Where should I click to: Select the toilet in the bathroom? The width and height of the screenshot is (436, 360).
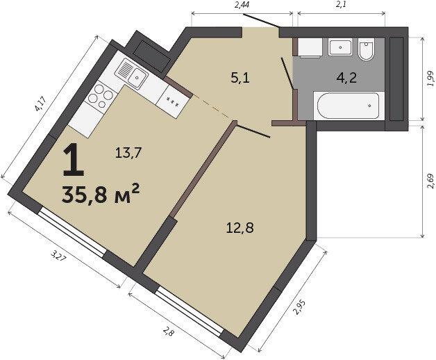click(366, 49)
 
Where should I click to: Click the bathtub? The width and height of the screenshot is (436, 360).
click(349, 106)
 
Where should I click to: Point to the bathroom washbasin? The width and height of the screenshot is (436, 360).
click(340, 47)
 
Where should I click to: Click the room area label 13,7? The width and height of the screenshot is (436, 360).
click(128, 153)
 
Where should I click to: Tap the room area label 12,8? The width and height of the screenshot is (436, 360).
click(240, 228)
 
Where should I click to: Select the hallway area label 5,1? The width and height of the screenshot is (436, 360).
click(240, 78)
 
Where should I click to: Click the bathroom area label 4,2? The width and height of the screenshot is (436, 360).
click(346, 78)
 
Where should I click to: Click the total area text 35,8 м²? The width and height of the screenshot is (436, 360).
click(101, 193)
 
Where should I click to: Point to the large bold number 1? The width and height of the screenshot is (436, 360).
click(74, 160)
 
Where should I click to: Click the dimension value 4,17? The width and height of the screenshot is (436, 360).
click(40, 104)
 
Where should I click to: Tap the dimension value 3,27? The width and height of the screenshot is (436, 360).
click(58, 256)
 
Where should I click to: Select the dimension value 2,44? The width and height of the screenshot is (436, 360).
click(242, 5)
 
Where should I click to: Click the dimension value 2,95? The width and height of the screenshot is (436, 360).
click(301, 307)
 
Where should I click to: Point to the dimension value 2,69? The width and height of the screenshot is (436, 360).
click(430, 181)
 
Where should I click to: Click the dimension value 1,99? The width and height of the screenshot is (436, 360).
click(430, 79)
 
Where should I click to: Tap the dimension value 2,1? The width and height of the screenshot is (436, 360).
click(341, 5)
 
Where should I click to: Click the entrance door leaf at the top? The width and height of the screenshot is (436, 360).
click(261, 20)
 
